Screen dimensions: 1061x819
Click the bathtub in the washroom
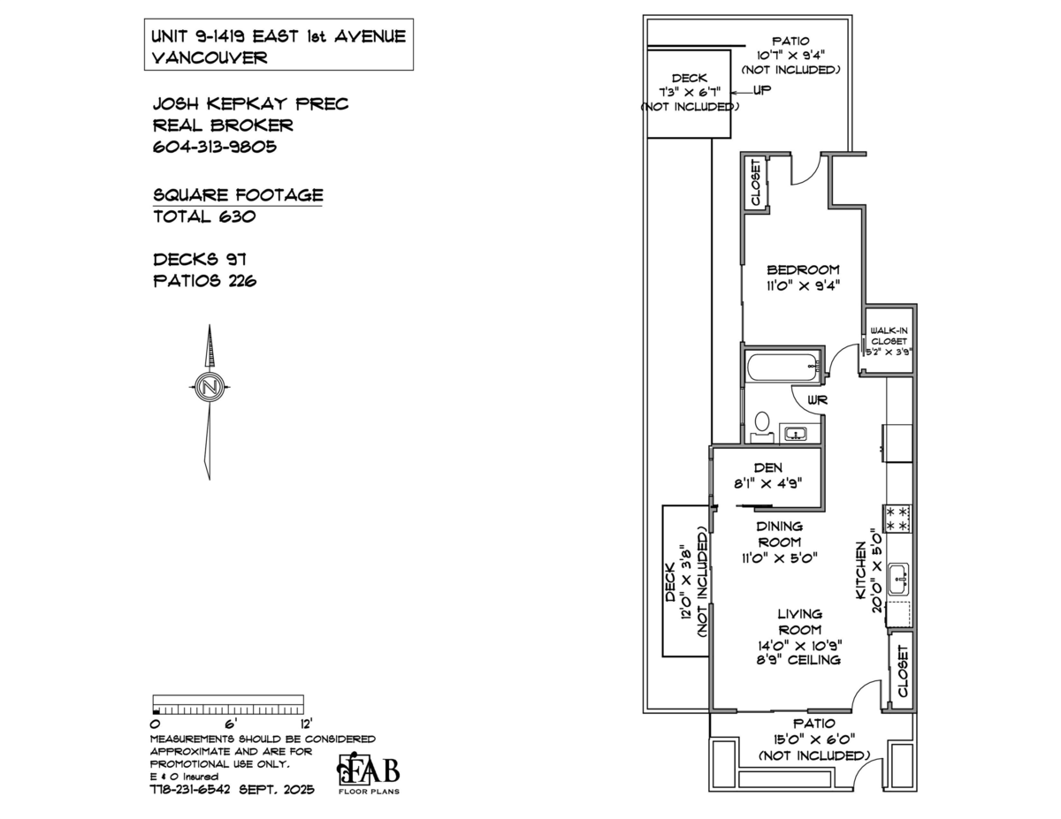click(x=782, y=367)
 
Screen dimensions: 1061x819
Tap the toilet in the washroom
click(x=761, y=427)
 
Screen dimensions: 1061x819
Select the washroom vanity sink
click(x=796, y=433)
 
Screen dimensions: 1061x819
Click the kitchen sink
click(x=898, y=579)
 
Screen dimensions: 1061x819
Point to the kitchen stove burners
click(x=897, y=519)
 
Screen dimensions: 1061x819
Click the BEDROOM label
click(x=803, y=269)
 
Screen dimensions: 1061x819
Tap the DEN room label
click(x=768, y=467)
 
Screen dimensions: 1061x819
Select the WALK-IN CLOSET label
click(x=889, y=336)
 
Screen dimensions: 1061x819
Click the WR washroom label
click(x=817, y=400)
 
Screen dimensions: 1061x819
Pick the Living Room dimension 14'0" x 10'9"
click(x=800, y=645)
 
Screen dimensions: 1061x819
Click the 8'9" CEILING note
click(x=798, y=660)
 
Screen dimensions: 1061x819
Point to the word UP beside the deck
click(x=761, y=90)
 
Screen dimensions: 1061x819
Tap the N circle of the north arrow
click(x=210, y=387)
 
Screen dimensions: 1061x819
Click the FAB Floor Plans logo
click(x=369, y=776)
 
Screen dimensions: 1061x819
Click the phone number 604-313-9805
click(x=215, y=147)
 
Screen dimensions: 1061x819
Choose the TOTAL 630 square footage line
click(x=204, y=216)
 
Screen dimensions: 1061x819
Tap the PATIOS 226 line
click(x=204, y=281)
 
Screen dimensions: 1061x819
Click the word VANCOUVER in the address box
click(x=210, y=57)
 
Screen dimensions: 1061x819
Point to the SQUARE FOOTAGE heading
click(x=238, y=195)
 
